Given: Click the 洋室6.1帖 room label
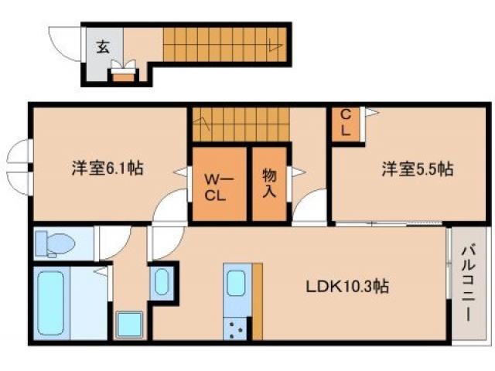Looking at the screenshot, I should (108, 167).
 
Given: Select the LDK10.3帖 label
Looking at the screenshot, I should (345, 287).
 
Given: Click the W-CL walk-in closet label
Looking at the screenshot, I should (214, 185).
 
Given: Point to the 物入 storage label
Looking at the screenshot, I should (269, 183).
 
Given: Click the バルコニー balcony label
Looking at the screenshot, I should (469, 282).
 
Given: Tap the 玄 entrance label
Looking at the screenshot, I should (104, 46).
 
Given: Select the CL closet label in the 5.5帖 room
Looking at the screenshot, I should (346, 123).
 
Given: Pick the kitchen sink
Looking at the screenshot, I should (237, 284).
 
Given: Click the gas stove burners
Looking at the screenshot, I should (236, 330).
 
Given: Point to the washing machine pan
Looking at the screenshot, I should (129, 325).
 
